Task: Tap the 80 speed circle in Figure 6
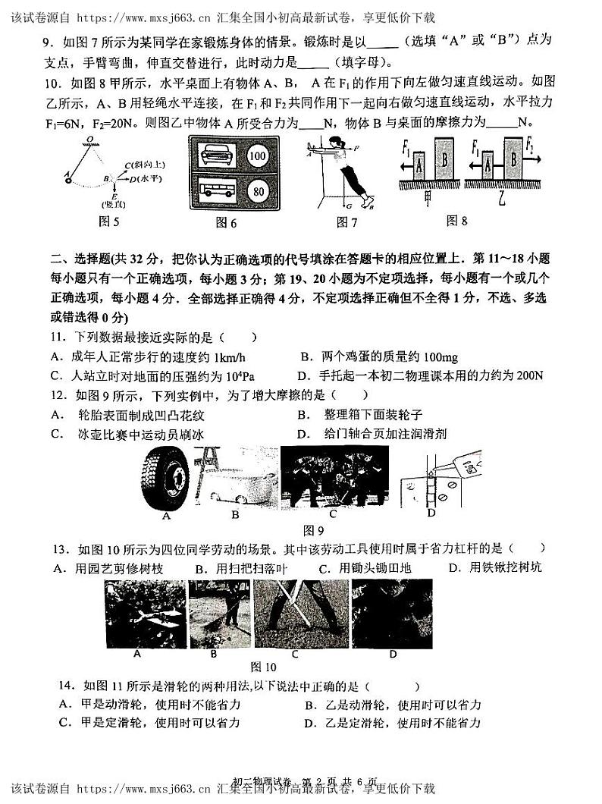[259, 192]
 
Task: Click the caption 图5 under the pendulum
[110, 221]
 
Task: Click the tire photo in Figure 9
[166, 479]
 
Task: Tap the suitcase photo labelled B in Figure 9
[235, 478]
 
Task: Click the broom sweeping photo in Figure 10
[218, 614]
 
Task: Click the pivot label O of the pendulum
[89, 140]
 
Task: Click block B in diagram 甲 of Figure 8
[444, 162]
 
